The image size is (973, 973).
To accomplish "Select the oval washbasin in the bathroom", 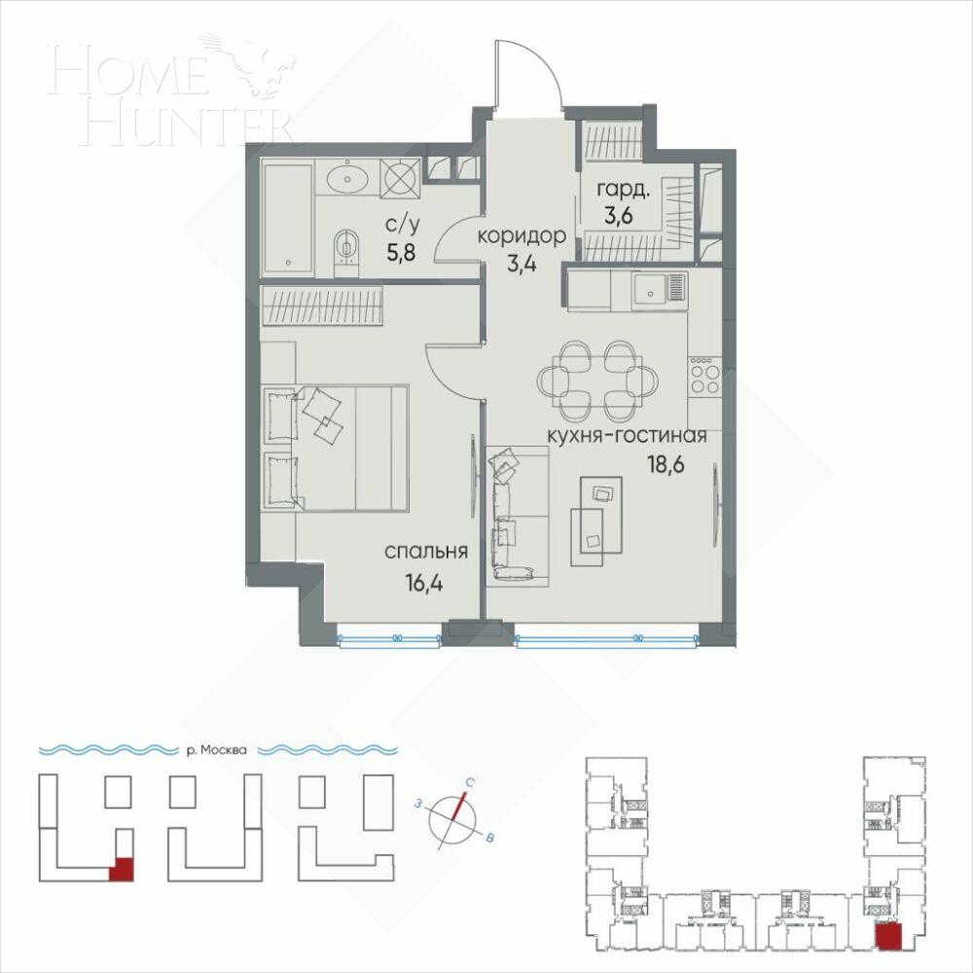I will [345, 177].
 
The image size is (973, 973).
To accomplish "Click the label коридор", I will [522, 235].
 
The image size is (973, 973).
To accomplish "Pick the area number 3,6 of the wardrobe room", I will [619, 216].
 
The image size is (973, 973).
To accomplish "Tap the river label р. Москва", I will [216, 750].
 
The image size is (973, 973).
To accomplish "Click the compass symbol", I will [456, 816].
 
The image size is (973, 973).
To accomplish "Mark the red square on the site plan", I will [121, 869].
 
